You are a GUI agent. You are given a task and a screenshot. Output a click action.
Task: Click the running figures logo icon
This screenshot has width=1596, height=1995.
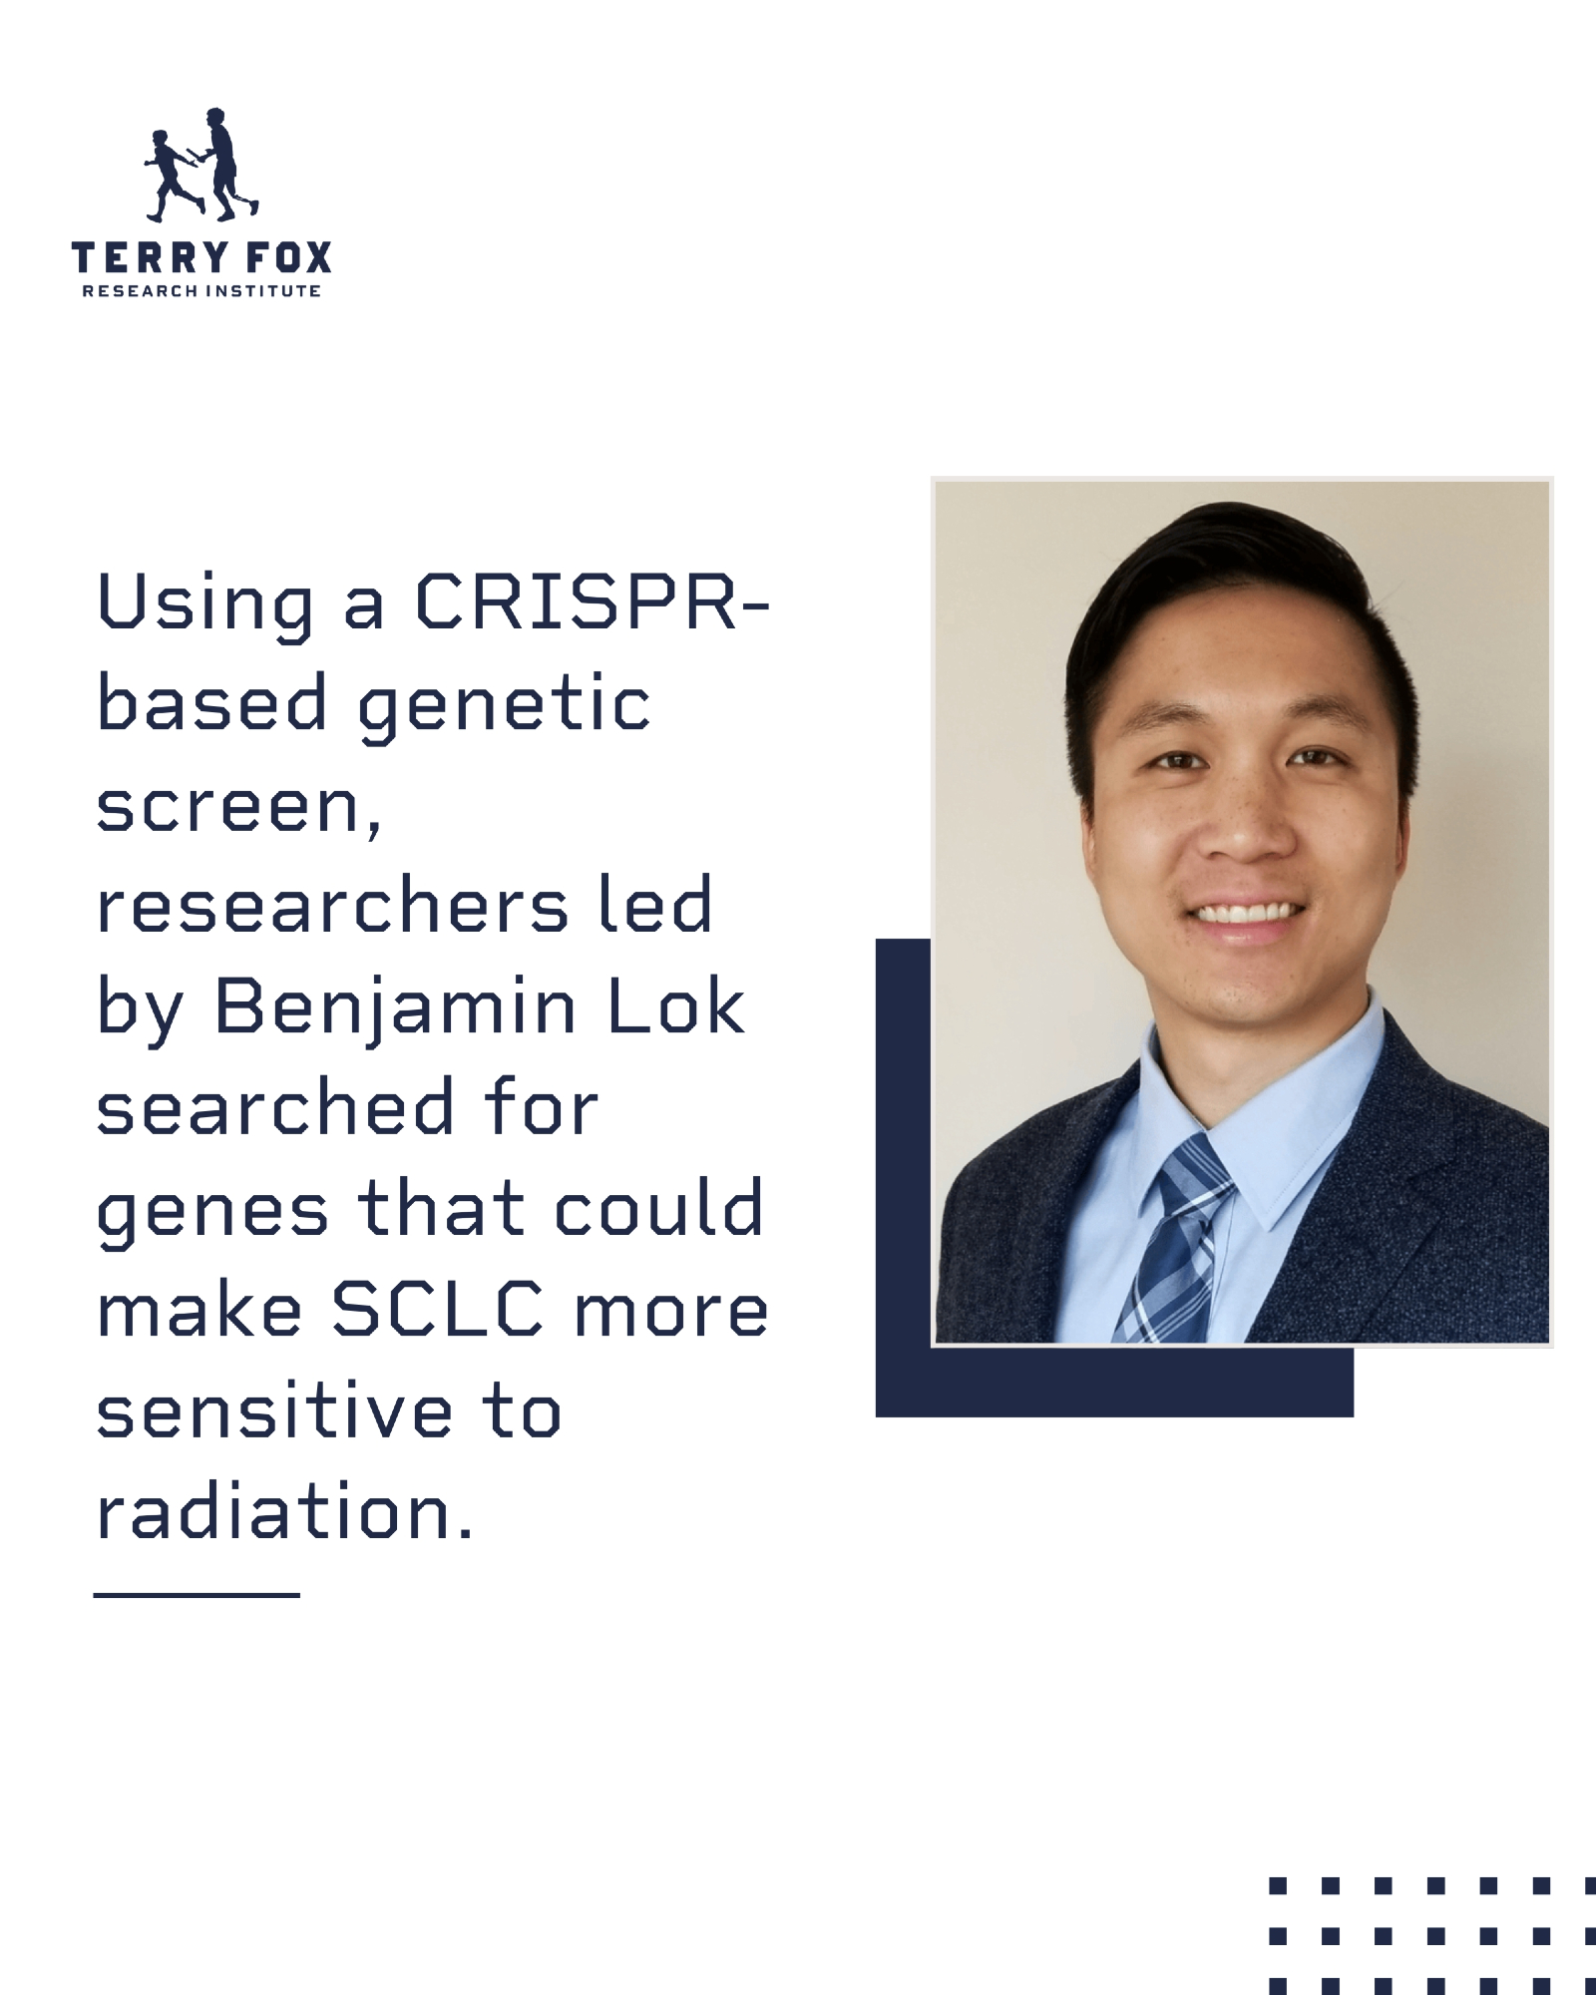pos(201,166)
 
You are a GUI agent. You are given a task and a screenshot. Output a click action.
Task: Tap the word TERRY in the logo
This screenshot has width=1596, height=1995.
pos(135,258)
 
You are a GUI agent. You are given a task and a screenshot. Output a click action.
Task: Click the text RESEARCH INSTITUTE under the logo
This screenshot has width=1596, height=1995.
pos(201,291)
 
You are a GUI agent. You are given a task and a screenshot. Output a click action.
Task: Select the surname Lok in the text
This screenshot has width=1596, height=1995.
pos(676,1007)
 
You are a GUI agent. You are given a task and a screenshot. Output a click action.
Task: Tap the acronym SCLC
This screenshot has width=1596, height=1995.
pos(439,1310)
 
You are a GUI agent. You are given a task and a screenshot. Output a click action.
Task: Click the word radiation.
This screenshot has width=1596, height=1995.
pos(283,1511)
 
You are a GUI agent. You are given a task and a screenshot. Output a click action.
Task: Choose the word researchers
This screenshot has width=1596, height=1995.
pos(333,907)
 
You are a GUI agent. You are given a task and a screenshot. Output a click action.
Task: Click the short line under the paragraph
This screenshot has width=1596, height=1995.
pos(197,1595)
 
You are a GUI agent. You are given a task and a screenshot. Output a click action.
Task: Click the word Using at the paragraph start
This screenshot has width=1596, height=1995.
pos(205,604)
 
